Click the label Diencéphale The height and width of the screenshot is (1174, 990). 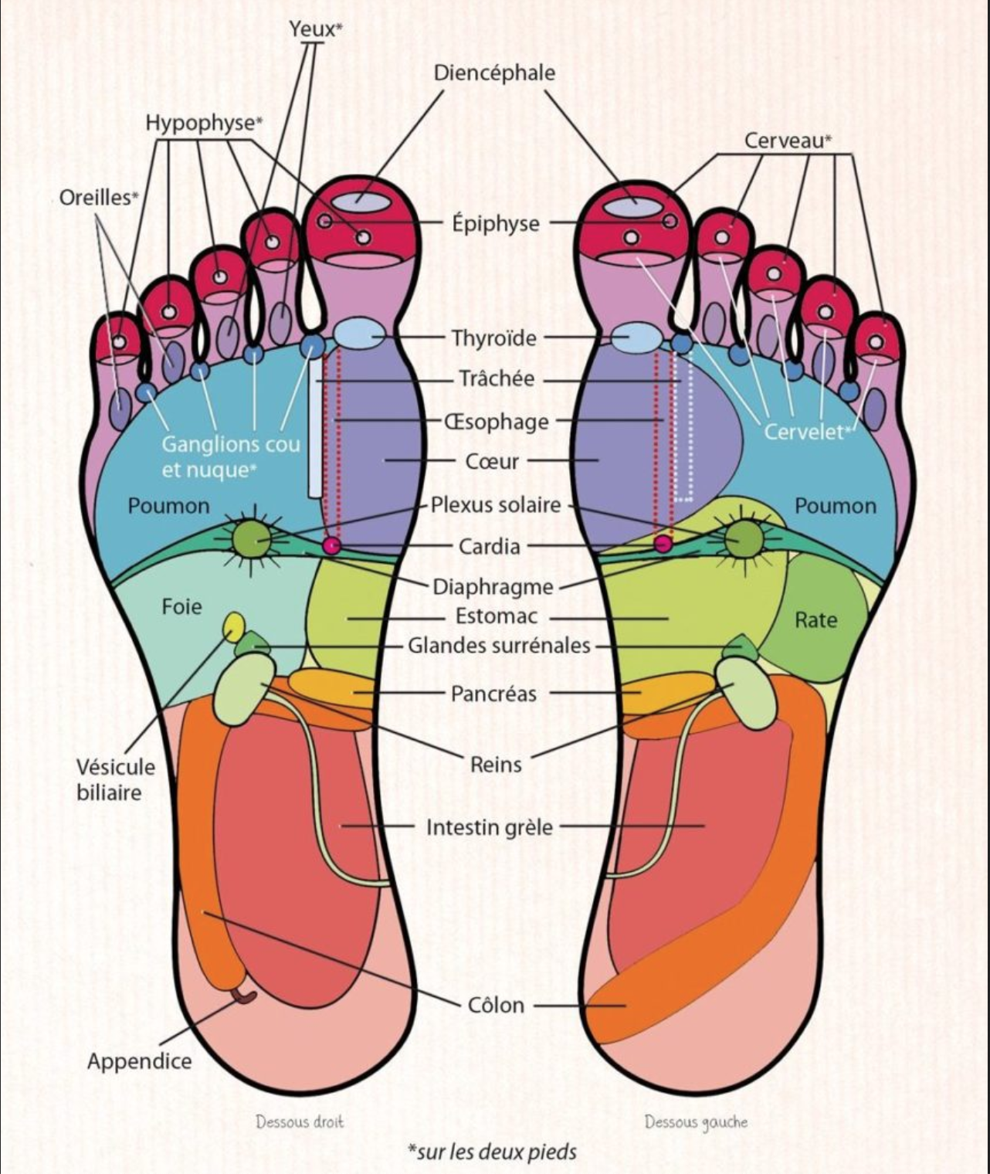click(x=494, y=73)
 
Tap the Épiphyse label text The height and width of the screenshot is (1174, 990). click(x=495, y=224)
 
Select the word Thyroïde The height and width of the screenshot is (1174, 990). click(x=494, y=338)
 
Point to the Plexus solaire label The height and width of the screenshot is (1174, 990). click(x=496, y=505)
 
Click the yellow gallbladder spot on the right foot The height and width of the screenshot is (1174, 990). click(x=233, y=626)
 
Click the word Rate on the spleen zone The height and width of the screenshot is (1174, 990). click(x=815, y=619)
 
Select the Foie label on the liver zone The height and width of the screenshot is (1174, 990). click(x=181, y=606)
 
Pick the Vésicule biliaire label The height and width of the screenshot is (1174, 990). click(x=116, y=779)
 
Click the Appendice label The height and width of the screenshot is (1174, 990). click(x=139, y=1061)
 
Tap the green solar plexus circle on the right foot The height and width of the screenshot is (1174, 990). click(x=253, y=539)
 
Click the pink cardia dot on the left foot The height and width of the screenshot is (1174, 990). click(x=663, y=544)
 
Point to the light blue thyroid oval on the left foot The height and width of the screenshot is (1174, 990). click(x=636, y=338)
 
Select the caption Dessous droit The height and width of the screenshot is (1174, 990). click(x=300, y=1121)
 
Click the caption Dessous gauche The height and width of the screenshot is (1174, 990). click(x=696, y=1121)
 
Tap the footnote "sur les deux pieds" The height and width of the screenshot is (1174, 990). click(x=492, y=1152)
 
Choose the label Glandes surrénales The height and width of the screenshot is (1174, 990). click(x=499, y=645)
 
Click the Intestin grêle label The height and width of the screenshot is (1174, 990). click(x=490, y=827)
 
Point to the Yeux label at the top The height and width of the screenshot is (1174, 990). click(x=315, y=29)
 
